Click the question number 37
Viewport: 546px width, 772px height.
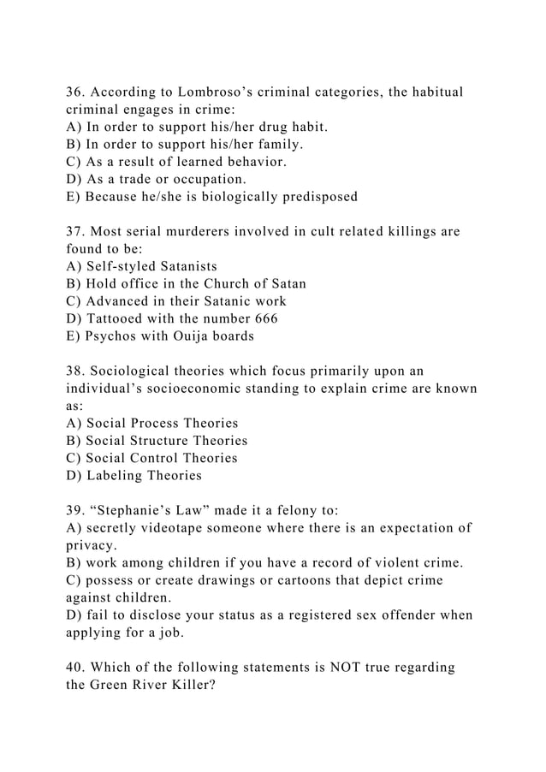pos(76,232)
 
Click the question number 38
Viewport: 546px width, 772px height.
pos(76,371)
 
